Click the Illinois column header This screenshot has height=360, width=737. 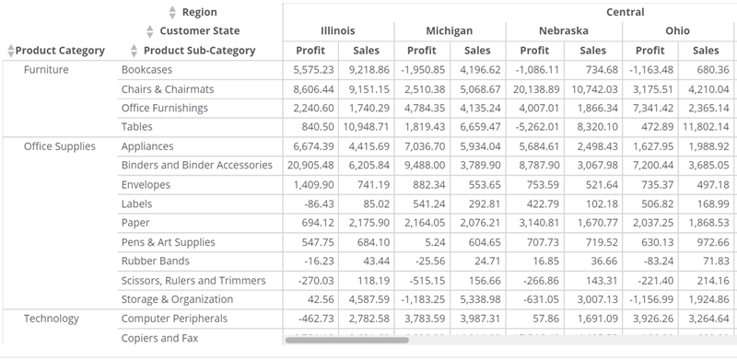point(337,31)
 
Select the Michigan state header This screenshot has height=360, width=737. point(450,31)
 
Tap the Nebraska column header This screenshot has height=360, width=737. point(563,31)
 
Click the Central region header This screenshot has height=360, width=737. point(624,12)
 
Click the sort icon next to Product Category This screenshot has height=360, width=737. point(10,51)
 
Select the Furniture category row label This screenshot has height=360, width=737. point(46,70)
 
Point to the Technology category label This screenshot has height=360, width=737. point(52,319)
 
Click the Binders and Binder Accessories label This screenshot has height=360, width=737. point(196,166)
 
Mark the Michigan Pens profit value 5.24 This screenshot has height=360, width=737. point(435,242)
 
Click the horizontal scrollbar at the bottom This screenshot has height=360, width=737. point(345,340)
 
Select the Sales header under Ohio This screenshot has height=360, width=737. point(706,51)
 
